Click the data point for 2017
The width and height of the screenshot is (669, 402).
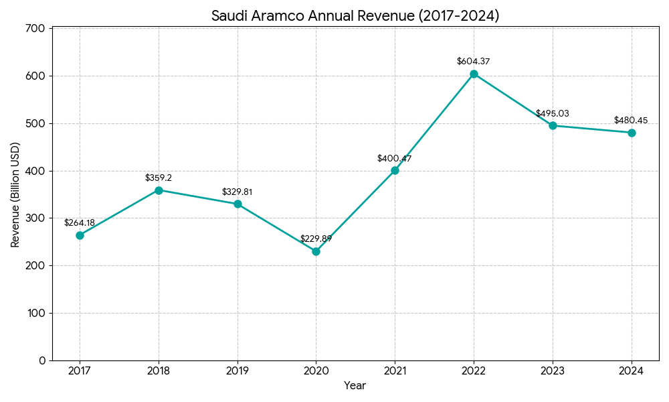point(80,235)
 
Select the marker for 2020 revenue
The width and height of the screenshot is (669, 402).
point(316,251)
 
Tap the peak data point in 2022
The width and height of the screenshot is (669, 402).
point(474,74)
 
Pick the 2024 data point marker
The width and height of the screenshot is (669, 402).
point(632,133)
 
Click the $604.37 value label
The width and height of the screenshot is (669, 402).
point(474,62)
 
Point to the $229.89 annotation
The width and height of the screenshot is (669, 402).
point(316,239)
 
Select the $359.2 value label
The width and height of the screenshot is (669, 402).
point(159,178)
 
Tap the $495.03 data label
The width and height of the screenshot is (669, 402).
point(553,114)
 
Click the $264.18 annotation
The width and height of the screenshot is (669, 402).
point(80,223)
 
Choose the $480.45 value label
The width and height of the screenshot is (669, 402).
point(631,121)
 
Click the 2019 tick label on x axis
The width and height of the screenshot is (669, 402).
point(237,370)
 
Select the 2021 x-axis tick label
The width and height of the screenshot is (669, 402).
point(395,370)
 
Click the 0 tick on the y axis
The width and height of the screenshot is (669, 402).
point(42,360)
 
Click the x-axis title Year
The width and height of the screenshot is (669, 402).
point(355,386)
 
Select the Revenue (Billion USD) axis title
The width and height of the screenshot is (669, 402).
point(15,194)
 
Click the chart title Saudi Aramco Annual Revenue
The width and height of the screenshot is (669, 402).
point(355,16)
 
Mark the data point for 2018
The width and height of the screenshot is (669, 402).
point(159,190)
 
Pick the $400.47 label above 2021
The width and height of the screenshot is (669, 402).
point(395,159)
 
